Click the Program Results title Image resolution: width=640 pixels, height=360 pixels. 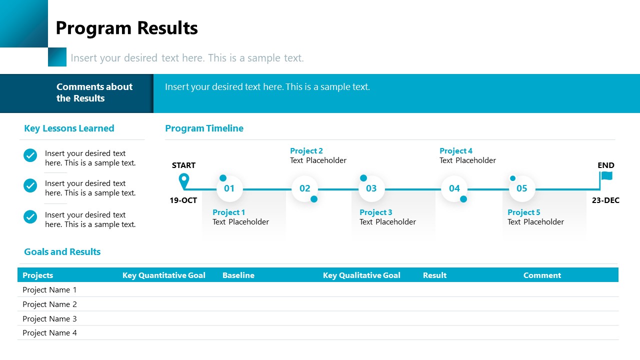point(126,28)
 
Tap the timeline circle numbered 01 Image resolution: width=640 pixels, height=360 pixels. point(229,188)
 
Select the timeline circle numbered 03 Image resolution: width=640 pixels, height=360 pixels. point(371,188)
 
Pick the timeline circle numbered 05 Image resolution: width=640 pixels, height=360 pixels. point(522,188)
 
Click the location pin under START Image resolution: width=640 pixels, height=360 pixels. point(184,180)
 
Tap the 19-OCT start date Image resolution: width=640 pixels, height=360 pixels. point(183,200)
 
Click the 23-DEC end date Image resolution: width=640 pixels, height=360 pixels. point(605,200)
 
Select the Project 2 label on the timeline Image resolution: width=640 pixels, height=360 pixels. point(306,151)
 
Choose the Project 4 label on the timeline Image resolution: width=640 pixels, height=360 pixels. point(456,151)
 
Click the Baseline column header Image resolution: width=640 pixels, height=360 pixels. point(238,275)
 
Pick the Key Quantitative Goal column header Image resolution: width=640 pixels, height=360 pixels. point(164,275)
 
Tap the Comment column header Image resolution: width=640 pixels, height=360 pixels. point(542,275)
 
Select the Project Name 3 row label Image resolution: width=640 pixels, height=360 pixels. point(49,318)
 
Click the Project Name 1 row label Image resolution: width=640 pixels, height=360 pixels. point(49,290)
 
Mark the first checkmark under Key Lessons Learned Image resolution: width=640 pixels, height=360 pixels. point(30,155)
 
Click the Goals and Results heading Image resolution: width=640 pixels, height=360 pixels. point(62,252)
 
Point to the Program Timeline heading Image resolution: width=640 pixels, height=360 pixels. point(204,128)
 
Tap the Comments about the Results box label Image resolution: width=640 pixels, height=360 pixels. point(94,92)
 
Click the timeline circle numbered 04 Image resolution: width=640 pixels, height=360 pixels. point(454,188)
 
